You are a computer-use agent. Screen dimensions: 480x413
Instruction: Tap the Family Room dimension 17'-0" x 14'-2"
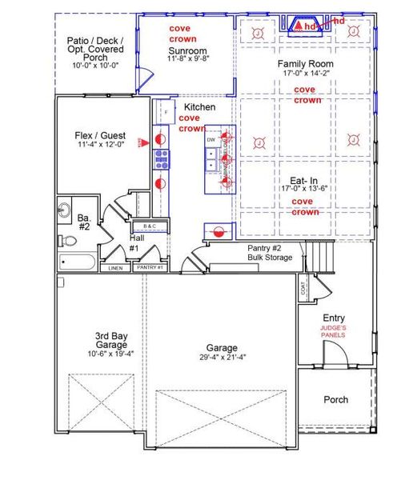(305, 73)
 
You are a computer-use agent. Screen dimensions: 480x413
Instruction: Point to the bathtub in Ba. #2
(78, 262)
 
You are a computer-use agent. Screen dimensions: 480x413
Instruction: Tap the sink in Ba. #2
(64, 210)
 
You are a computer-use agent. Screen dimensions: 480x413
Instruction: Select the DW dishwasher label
(211, 140)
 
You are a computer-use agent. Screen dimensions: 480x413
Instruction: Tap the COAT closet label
(303, 290)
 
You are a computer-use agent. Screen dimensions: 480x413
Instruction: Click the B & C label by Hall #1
(154, 226)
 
